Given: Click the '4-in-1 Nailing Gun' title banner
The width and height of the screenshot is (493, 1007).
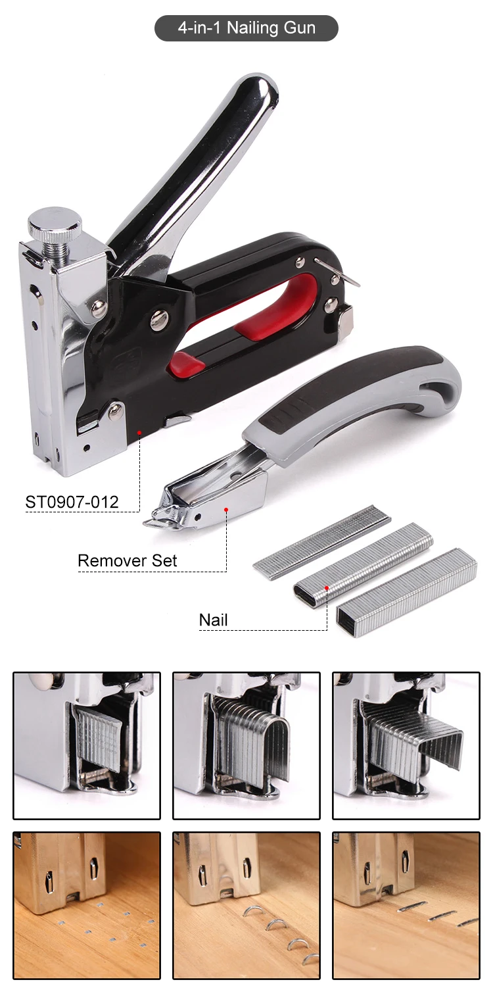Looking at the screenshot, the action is (246, 28).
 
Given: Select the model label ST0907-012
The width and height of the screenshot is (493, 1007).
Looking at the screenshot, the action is (72, 502).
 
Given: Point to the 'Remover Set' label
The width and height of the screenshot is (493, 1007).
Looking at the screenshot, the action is (127, 560).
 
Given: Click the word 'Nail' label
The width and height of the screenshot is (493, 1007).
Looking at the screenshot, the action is (213, 620).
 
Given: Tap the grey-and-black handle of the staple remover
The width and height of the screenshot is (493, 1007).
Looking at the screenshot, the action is (355, 405).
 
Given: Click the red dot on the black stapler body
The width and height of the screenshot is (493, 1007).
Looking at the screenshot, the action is (139, 433).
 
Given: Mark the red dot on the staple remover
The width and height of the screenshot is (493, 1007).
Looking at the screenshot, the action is (226, 509).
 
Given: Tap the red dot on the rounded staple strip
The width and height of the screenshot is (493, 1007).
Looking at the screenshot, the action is (327, 587).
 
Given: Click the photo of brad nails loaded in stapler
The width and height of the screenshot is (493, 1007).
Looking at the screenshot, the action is (87, 746).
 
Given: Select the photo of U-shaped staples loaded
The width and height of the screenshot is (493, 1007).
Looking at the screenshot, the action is (246, 746).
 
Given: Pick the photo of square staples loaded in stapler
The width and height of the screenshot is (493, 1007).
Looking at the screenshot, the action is (406, 746).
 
